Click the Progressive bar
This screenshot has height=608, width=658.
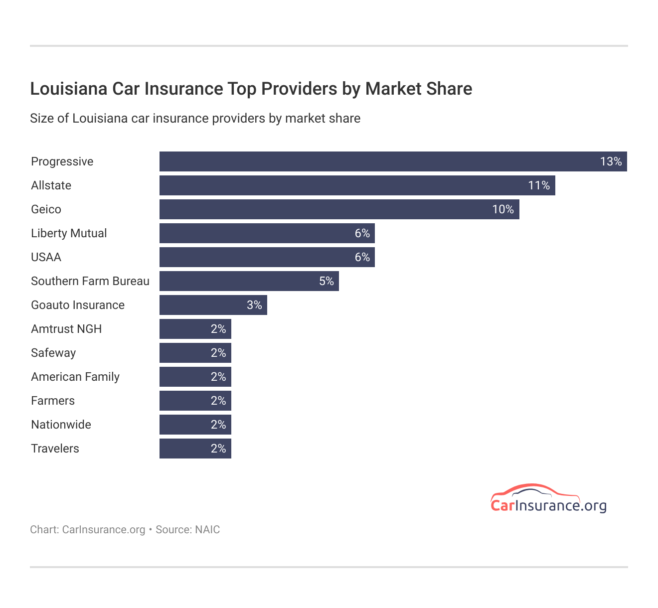tap(379, 161)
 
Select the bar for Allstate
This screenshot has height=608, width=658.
tap(349, 185)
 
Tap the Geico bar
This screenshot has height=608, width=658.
tap(329, 209)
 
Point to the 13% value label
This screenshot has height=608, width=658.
tap(611, 161)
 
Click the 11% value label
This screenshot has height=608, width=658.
tap(539, 185)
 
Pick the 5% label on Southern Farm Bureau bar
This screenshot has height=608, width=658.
tap(327, 281)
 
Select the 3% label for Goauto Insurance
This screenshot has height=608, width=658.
tap(254, 305)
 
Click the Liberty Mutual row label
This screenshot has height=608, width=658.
tap(69, 233)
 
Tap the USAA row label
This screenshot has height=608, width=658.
tap(46, 257)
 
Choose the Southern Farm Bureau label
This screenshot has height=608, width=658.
tap(90, 281)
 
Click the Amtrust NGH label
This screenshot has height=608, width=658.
tap(66, 329)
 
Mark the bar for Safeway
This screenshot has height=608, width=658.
tap(189, 353)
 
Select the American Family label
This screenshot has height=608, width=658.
tap(75, 377)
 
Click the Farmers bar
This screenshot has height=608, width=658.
tap(189, 401)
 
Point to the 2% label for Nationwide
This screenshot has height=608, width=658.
tap(218, 425)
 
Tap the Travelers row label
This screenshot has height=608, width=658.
tap(55, 449)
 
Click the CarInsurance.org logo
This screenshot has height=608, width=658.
tap(548, 499)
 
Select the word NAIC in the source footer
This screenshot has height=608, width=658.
tap(207, 529)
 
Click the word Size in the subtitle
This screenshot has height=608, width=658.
tap(41, 119)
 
